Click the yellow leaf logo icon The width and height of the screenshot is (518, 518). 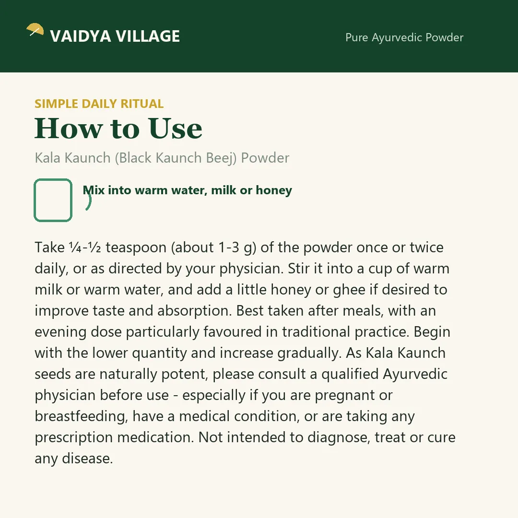pos(35,29)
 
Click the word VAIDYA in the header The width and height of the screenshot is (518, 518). pos(80,36)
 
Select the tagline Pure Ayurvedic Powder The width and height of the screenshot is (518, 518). pos(404,38)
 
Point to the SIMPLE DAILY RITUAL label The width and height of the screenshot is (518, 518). pos(99,104)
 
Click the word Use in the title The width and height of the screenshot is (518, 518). pos(175,129)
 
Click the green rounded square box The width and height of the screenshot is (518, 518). pos(53,200)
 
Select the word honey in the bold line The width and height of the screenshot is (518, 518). pos(274,190)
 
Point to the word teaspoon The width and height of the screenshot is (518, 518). pos(136,248)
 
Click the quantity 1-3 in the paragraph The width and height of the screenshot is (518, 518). pos(229,247)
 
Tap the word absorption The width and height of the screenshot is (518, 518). pos(194,311)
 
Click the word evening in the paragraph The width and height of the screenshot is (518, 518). pos(60,332)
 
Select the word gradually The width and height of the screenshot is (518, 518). pos(309,353)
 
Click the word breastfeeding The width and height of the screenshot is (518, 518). pos(81,417)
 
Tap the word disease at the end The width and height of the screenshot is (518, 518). pos(87,459)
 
